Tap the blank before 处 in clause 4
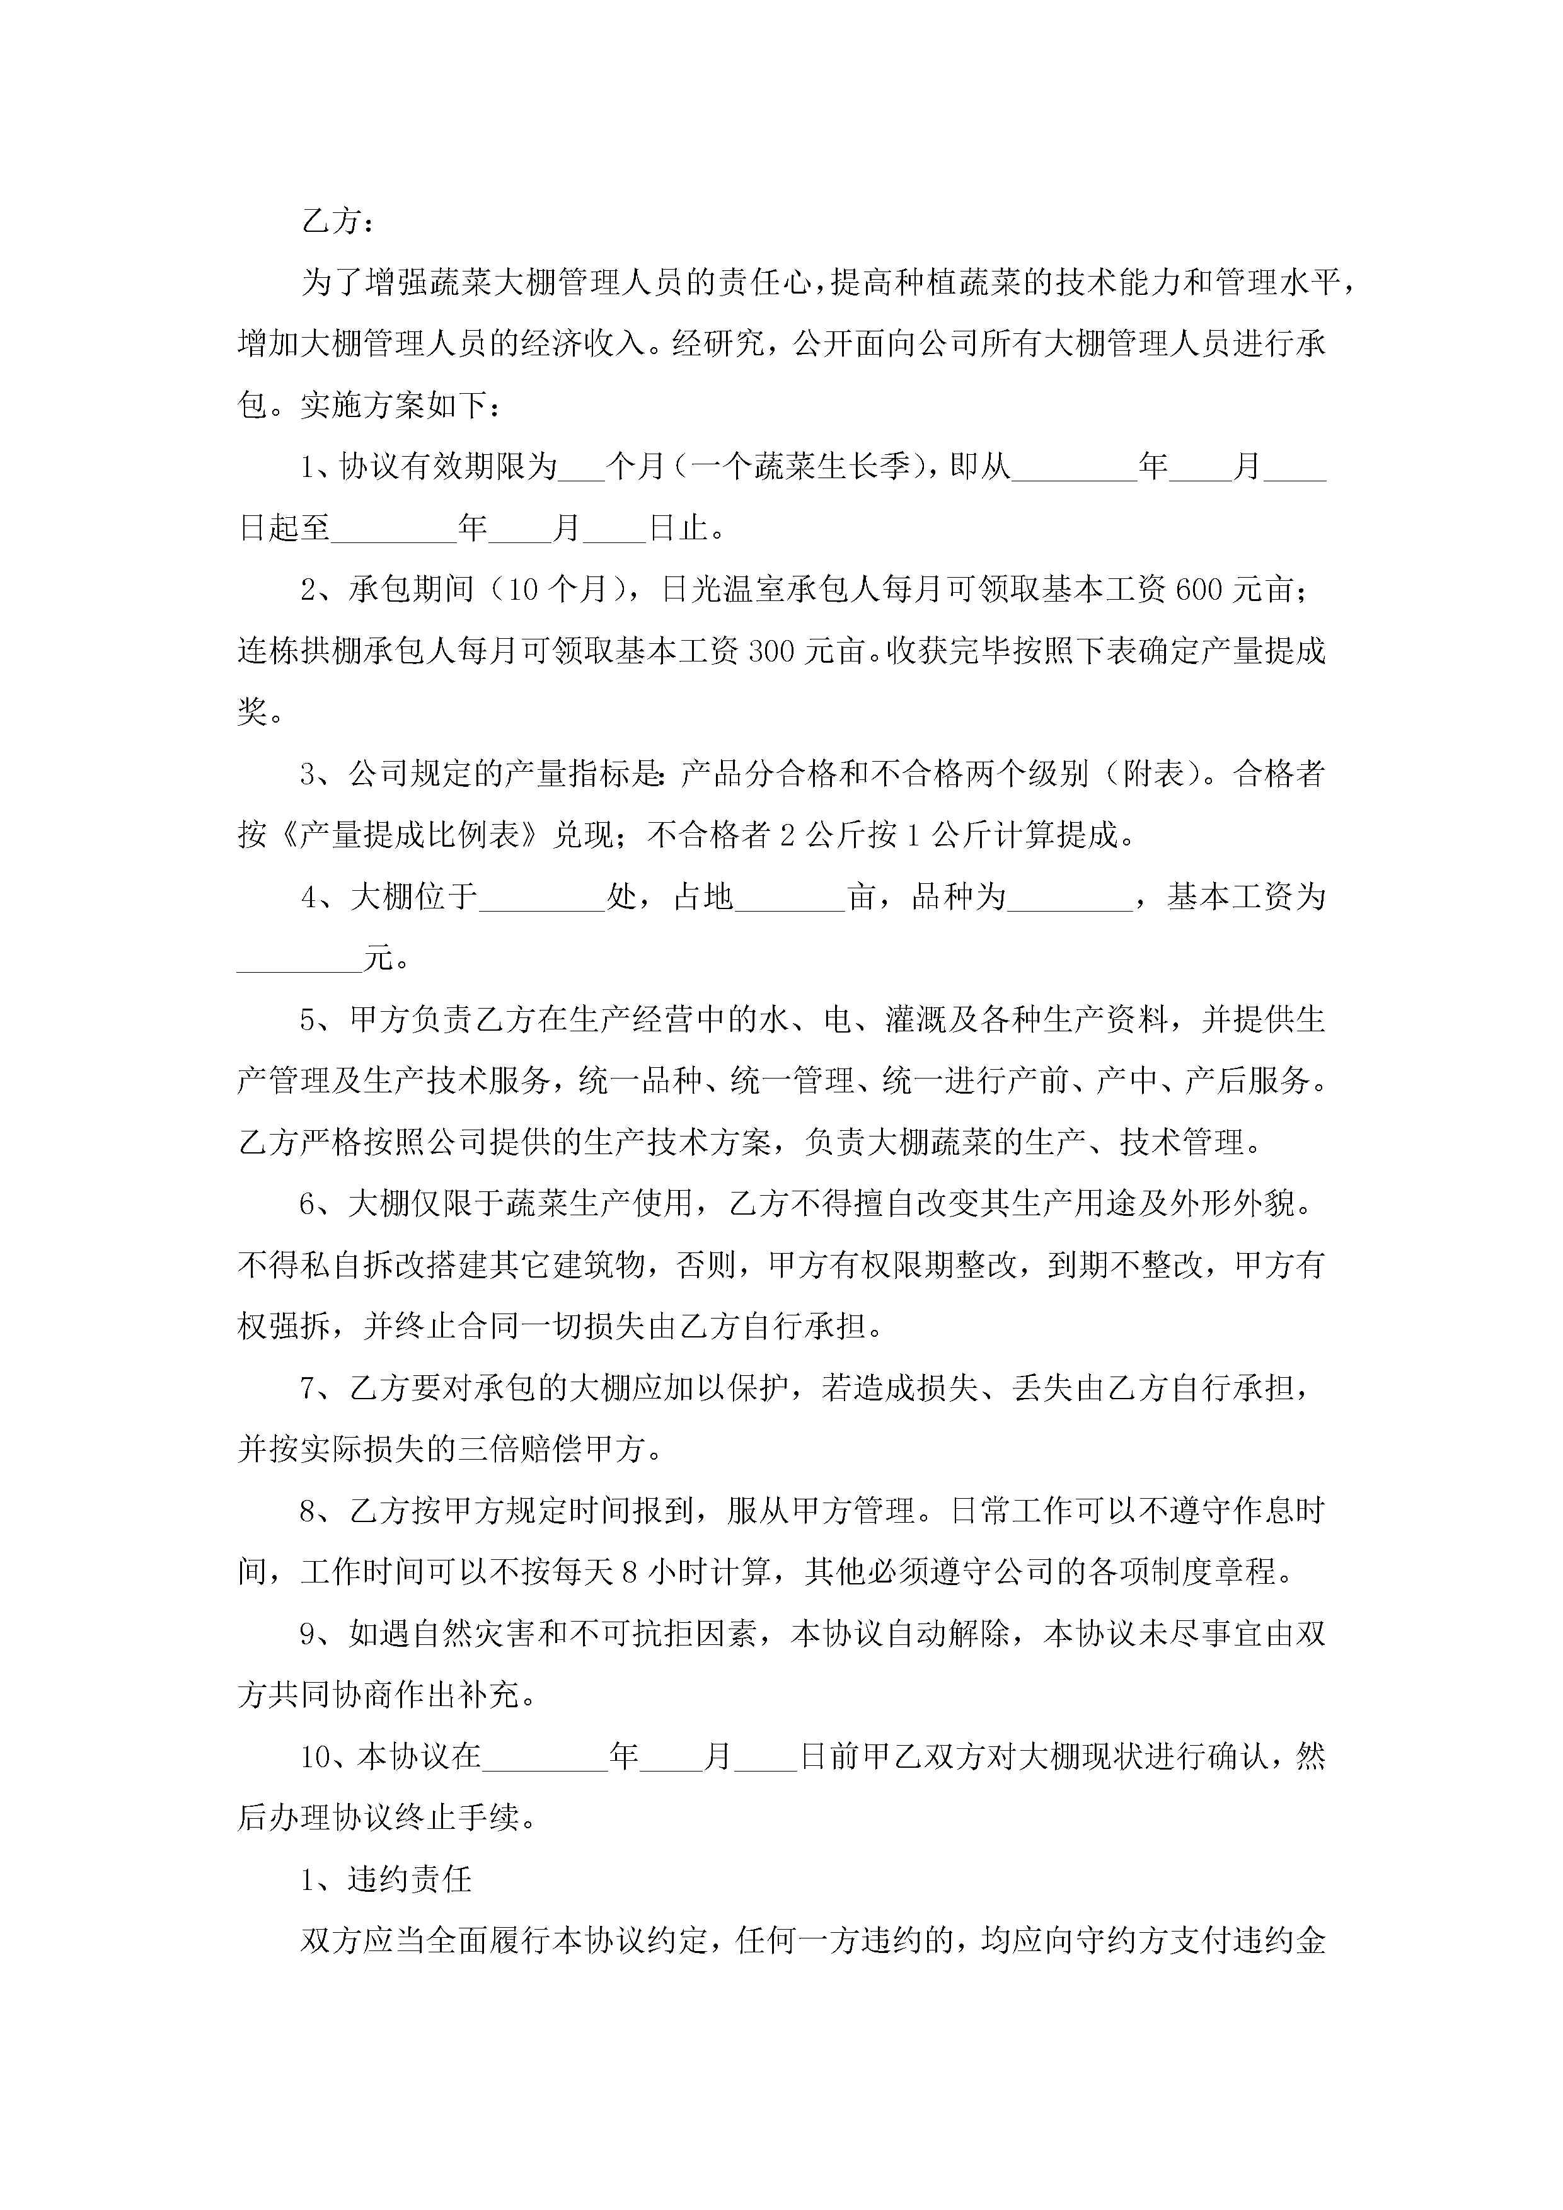(x=541, y=897)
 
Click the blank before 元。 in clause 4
(x=299, y=959)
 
